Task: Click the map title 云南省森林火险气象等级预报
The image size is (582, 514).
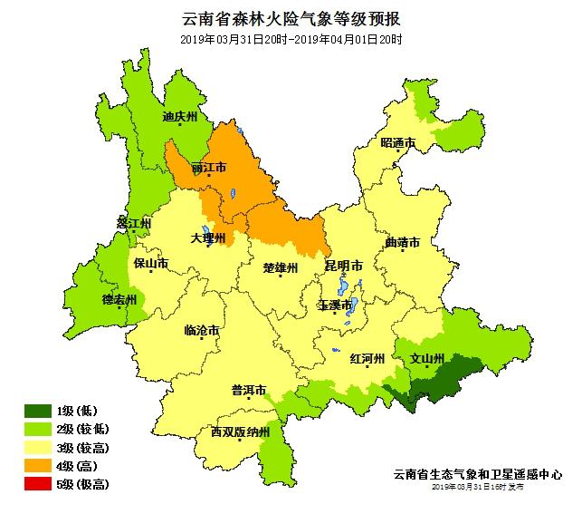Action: pyautogui.click(x=291, y=18)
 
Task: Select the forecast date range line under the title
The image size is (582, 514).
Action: pyautogui.click(x=291, y=40)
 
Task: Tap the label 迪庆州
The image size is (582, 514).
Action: pyautogui.click(x=179, y=116)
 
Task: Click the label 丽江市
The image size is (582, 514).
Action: pyautogui.click(x=209, y=168)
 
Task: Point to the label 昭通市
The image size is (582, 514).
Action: pyautogui.click(x=397, y=143)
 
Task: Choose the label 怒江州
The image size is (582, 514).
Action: pyautogui.click(x=134, y=223)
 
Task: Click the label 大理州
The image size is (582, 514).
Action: pyautogui.click(x=207, y=238)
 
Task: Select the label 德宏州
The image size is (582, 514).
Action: pyautogui.click(x=119, y=300)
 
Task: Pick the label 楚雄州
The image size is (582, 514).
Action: pyautogui.click(x=280, y=267)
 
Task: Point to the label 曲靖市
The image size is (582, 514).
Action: pyautogui.click(x=402, y=243)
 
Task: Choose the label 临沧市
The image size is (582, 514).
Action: pyautogui.click(x=201, y=331)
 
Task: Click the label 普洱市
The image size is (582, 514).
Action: pyautogui.click(x=248, y=391)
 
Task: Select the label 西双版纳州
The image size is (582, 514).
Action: pyautogui.click(x=240, y=432)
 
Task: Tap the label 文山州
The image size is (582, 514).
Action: pyautogui.click(x=427, y=358)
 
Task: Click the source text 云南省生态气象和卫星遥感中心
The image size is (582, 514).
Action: pyautogui.click(x=478, y=474)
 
